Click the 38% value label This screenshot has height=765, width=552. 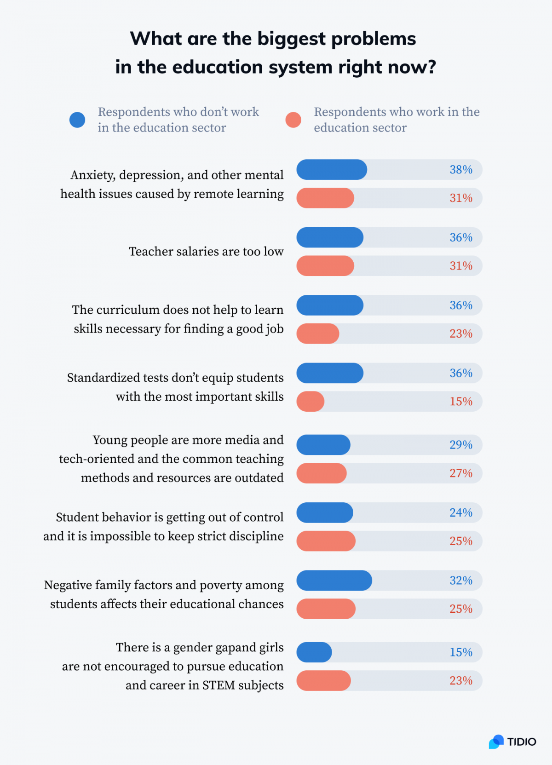(x=461, y=170)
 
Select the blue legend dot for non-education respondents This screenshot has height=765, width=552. (x=77, y=120)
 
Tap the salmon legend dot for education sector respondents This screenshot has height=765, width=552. (x=293, y=120)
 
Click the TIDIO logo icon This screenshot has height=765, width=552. (x=496, y=742)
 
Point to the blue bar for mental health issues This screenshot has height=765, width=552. (x=332, y=170)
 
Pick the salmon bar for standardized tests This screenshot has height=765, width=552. (x=310, y=402)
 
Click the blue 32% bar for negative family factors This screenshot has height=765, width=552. (x=334, y=581)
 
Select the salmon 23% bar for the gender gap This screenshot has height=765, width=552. (x=323, y=681)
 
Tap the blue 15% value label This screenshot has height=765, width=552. (x=461, y=652)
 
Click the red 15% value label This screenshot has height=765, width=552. (x=461, y=402)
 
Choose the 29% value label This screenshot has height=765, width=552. (x=461, y=445)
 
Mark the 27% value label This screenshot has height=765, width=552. (x=461, y=473)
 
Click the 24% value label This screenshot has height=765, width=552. (x=461, y=513)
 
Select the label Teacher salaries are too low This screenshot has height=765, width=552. (x=206, y=252)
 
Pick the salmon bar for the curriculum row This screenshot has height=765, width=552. (x=318, y=334)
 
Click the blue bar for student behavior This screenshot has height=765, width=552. (x=325, y=513)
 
